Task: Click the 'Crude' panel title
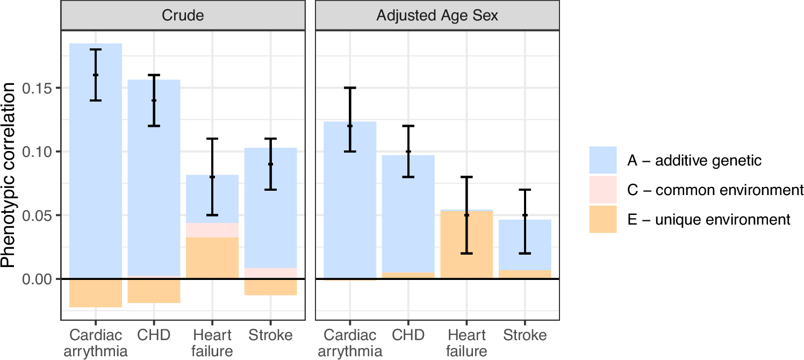[x=183, y=16]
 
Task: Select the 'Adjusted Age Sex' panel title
[x=437, y=16]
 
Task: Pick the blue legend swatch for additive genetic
[x=602, y=161]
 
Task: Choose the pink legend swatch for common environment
[x=602, y=190]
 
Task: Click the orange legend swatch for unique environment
[x=602, y=219]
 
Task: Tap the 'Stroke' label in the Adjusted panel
[x=525, y=336]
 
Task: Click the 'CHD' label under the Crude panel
[x=154, y=336]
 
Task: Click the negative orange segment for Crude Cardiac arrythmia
[x=96, y=293]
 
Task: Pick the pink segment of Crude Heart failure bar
[x=212, y=230]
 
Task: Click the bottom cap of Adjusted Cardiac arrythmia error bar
[x=350, y=152]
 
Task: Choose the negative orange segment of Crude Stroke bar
[x=270, y=287]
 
